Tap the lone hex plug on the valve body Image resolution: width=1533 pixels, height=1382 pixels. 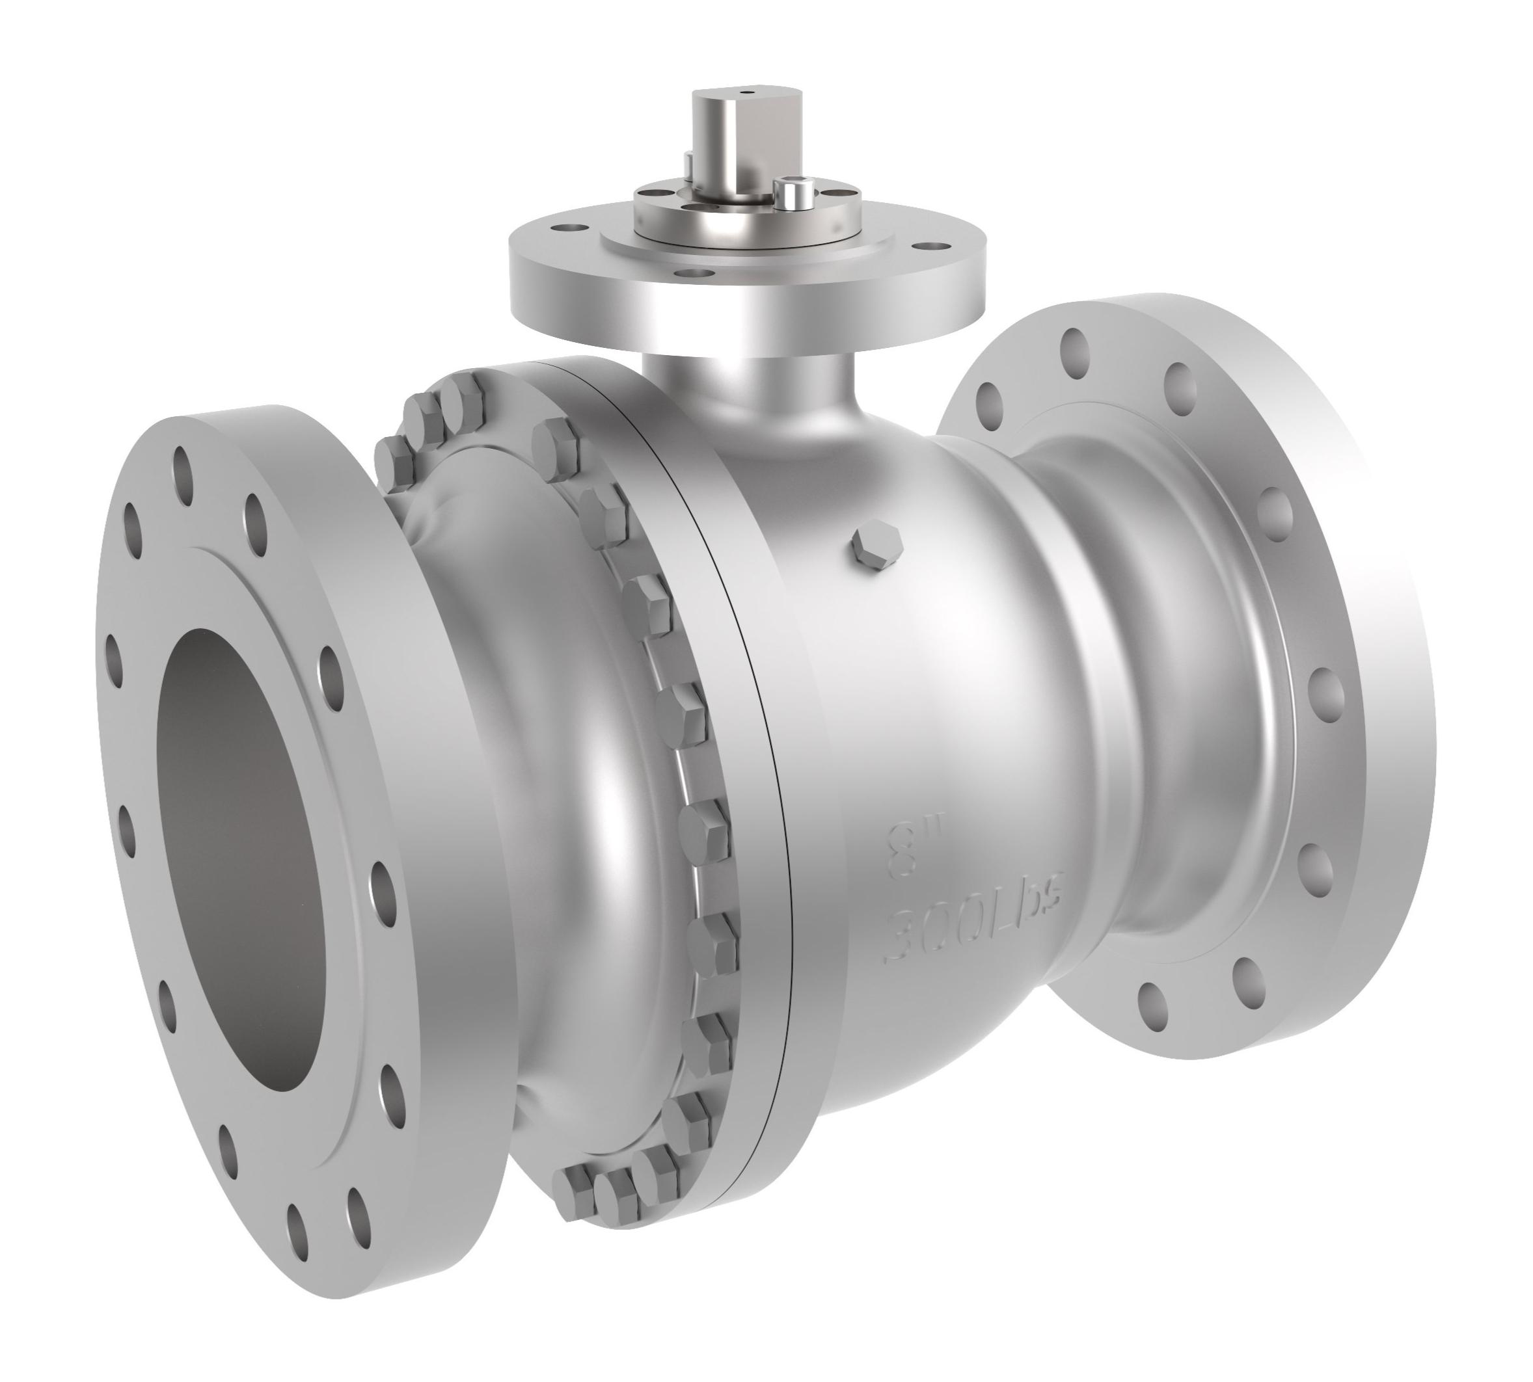[877, 545]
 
